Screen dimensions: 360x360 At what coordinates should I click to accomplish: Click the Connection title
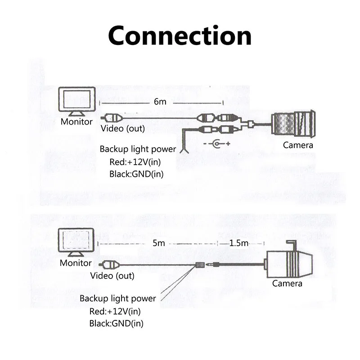(180, 35)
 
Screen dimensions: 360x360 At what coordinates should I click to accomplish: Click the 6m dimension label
(160, 102)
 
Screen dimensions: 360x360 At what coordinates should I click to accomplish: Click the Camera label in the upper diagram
(297, 145)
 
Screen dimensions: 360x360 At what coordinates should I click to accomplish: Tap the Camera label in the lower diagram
(287, 283)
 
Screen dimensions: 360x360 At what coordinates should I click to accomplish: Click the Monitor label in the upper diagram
(76, 121)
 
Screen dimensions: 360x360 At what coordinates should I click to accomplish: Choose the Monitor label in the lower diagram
(76, 263)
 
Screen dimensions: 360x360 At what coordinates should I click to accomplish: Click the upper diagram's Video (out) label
(122, 129)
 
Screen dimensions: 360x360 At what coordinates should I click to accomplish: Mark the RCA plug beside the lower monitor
(110, 265)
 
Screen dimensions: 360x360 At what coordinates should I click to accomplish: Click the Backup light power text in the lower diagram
(118, 298)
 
